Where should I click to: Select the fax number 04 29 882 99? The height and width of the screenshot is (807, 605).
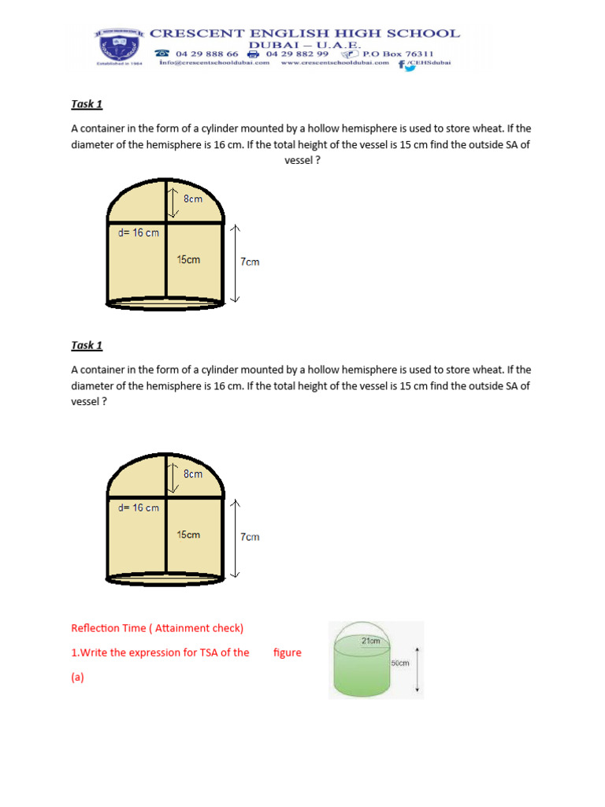coord(297,54)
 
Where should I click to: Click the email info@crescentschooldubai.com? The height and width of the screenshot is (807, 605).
coord(214,63)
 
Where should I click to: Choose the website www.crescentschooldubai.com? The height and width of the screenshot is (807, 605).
coord(335,63)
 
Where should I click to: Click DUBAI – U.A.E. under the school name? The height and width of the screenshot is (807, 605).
coord(304,44)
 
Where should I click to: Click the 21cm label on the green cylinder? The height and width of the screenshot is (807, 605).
coord(370,641)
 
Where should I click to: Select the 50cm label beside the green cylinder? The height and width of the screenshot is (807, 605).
coord(400,664)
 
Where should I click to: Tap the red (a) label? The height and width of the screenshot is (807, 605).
coord(77,676)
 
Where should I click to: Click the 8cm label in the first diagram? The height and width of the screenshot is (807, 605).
coord(193,199)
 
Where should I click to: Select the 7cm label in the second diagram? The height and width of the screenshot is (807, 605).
coord(250,537)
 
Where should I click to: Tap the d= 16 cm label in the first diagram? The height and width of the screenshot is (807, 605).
coord(138,232)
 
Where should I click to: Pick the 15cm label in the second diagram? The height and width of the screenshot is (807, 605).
coord(188,534)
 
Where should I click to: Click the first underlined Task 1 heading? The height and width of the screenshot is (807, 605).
coord(87,104)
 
